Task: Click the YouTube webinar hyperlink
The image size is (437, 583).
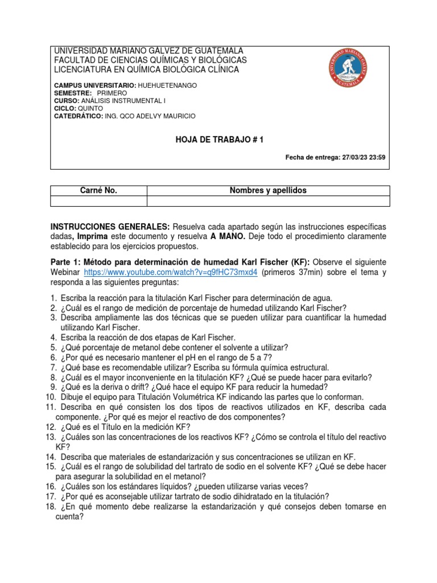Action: (x=171, y=272)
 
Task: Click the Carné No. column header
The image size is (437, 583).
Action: (x=99, y=191)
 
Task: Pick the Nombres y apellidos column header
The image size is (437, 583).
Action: (x=268, y=191)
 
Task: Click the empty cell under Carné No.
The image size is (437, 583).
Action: (x=99, y=201)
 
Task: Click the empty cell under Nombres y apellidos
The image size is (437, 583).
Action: (x=268, y=201)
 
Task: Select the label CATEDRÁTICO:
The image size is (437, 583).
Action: (x=77, y=116)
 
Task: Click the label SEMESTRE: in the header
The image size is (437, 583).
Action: (x=73, y=92)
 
